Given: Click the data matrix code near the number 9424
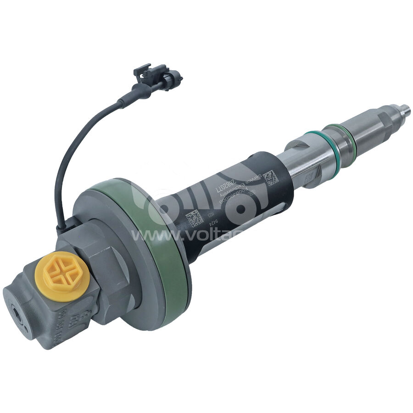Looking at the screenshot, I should [x=193, y=218].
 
